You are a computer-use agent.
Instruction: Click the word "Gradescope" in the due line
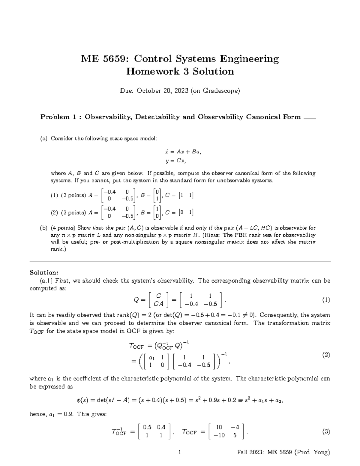(x=220, y=91)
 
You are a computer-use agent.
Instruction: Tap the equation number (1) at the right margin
(x=326, y=300)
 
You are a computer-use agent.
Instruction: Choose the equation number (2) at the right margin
(x=326, y=355)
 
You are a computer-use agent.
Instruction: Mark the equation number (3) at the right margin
(x=326, y=432)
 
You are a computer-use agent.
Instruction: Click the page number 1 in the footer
(x=180, y=452)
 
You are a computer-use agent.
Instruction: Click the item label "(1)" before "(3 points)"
(x=54, y=195)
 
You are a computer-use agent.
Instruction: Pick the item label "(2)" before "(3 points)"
(x=54, y=213)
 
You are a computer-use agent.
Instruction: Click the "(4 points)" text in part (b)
(x=63, y=228)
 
